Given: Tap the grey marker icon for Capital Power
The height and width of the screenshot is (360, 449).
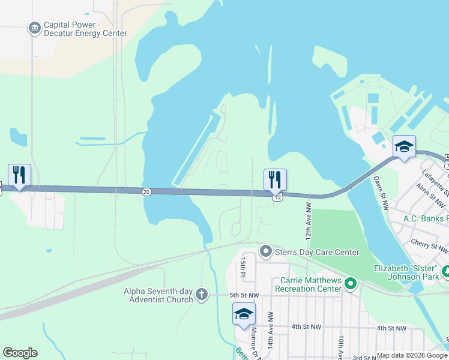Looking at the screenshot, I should click(34, 28).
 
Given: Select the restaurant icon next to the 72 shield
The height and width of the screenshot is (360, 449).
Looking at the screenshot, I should click(275, 179).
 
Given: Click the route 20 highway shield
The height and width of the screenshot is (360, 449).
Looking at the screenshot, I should click(146, 191).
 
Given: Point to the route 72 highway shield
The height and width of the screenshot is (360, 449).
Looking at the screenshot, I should click(277, 197).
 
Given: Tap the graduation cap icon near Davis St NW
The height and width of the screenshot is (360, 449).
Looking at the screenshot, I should click(404, 147).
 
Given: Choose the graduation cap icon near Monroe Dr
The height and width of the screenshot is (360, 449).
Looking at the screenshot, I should click(244, 314).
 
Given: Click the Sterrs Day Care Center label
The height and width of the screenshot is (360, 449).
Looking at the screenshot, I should click(317, 252).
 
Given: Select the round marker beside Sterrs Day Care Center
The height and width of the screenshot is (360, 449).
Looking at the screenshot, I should click(266, 250).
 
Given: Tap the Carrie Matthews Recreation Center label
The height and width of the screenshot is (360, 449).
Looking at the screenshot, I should click(309, 284).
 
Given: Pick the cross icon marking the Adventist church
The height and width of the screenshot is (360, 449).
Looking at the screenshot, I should click(202, 295).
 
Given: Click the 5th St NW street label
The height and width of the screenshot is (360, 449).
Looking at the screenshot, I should click(244, 295).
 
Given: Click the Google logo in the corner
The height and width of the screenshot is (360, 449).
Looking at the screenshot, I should click(20, 353).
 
